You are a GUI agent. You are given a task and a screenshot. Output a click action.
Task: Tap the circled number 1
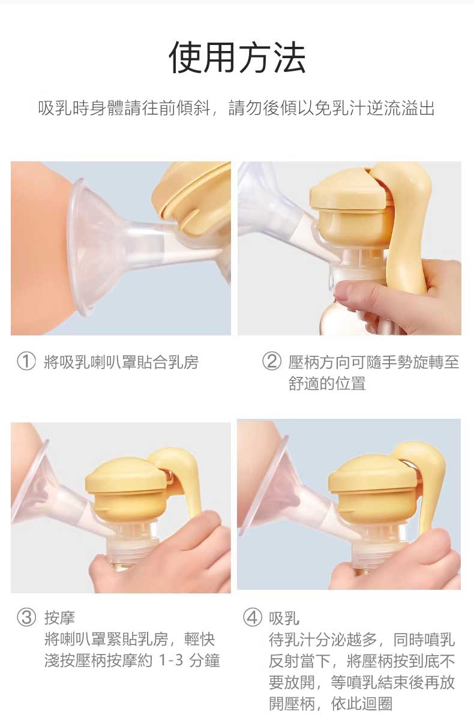click(x=26, y=362)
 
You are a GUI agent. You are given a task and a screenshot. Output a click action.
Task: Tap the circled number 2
click(x=271, y=362)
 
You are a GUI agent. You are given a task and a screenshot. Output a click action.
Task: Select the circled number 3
click(x=26, y=617)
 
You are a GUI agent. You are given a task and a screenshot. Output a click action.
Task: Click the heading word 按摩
click(x=59, y=618)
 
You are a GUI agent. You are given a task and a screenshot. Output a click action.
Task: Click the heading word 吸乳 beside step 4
click(x=284, y=618)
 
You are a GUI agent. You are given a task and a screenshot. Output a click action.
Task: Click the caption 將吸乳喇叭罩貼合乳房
click(x=121, y=362)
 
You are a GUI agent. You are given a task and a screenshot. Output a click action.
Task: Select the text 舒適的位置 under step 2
click(x=327, y=383)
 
